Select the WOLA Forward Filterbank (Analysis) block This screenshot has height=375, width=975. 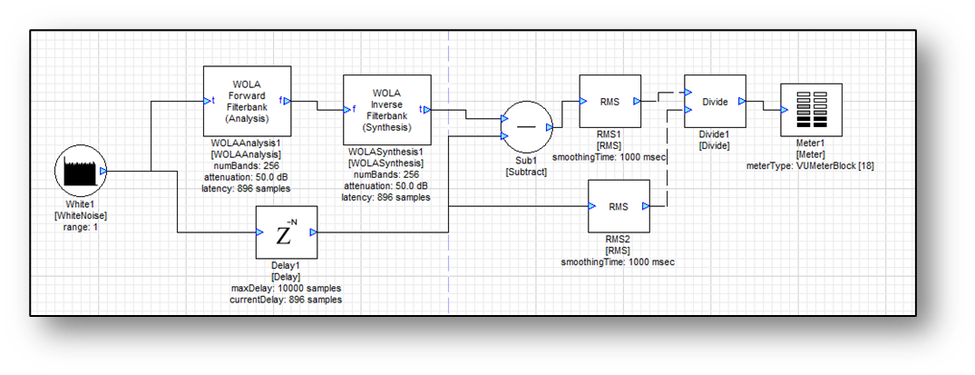[247, 100]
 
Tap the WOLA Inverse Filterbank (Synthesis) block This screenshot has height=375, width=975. [386, 110]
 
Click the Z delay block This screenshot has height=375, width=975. [285, 233]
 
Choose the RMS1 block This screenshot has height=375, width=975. [609, 102]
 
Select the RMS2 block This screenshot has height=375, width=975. [619, 207]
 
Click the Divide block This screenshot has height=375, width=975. [715, 102]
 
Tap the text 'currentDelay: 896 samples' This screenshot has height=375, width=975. [286, 299]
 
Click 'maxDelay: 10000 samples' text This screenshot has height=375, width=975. [286, 288]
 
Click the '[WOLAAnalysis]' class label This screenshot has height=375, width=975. [246, 156]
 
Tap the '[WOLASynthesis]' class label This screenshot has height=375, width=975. [386, 163]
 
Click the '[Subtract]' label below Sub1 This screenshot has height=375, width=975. [526, 172]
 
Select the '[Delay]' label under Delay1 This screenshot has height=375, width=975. [286, 277]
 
